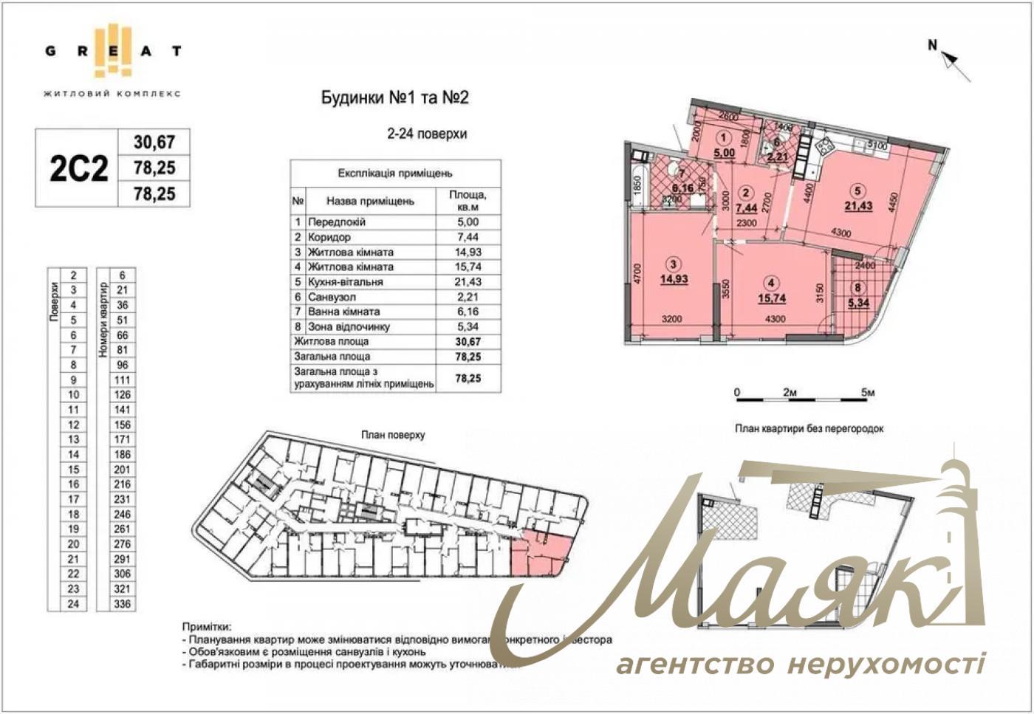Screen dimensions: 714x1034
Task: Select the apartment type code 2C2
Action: pos(78,168)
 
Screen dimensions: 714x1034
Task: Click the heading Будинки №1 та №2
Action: pos(395,98)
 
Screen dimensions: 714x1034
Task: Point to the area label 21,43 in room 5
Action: pos(858,206)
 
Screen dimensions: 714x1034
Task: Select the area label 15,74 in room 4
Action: pos(772,298)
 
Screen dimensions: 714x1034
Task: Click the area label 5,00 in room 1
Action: pos(724,153)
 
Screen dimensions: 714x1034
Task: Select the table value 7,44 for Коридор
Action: pos(468,237)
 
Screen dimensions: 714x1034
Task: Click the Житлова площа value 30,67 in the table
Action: pos(468,342)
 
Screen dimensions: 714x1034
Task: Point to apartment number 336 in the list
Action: pos(123,604)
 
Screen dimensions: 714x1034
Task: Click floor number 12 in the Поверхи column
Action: pos(73,425)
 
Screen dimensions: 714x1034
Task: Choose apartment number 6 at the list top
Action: pos(123,275)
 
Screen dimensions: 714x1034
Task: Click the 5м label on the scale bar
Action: pos(867,393)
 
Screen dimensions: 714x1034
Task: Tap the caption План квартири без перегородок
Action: pos(809,428)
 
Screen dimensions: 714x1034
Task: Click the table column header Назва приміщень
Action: pos(360,201)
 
